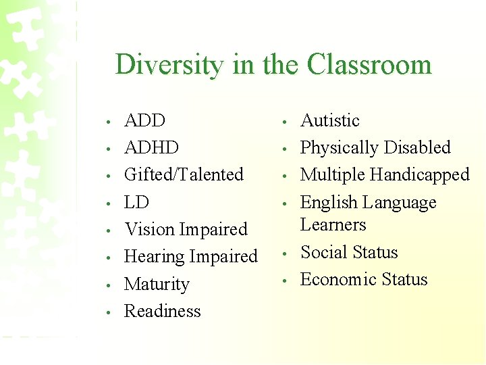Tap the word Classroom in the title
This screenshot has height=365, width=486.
(369, 65)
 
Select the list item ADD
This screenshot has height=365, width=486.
(145, 121)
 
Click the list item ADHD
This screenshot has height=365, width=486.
(152, 148)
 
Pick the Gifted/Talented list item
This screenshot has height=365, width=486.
(184, 175)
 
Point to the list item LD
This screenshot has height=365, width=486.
(136, 202)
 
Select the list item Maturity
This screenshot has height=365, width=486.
(157, 285)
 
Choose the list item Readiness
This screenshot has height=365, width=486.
(163, 312)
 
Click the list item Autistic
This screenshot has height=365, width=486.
(329, 121)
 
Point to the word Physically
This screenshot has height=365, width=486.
(340, 148)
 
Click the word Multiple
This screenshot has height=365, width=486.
(333, 175)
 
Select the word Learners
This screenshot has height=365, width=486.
(333, 225)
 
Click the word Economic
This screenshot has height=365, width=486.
(338, 280)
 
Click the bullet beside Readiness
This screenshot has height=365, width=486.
(108, 313)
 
